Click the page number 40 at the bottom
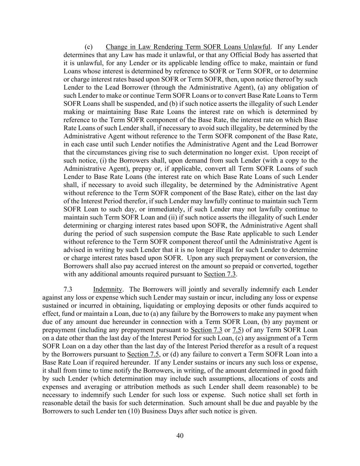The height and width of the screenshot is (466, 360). point(180,436)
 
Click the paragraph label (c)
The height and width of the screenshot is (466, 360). point(89,47)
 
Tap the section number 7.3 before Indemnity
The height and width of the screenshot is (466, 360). point(68,289)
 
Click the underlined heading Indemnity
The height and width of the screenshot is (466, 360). point(107,289)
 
